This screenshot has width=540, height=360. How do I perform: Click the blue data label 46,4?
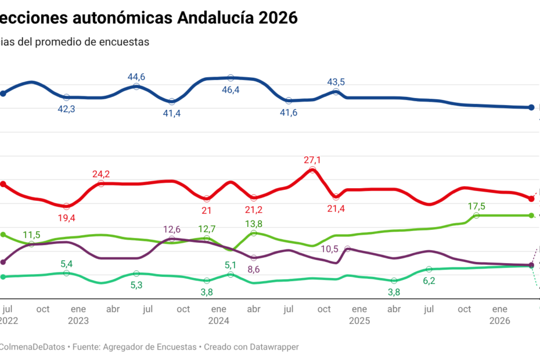pyautogui.click(x=231, y=90)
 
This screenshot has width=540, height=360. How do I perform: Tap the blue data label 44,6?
pyautogui.click(x=136, y=77)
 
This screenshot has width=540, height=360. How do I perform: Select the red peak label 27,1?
pyautogui.click(x=312, y=160)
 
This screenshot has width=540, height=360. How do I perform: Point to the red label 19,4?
pyautogui.click(x=67, y=218)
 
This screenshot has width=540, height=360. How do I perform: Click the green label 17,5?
pyautogui.click(x=477, y=206)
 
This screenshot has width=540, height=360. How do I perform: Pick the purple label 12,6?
pyautogui.click(x=172, y=229)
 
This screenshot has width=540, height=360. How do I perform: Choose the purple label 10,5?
pyautogui.click(x=330, y=249)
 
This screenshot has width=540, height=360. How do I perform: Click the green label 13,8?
pyautogui.click(x=254, y=224)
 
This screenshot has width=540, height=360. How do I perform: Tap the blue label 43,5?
pyautogui.click(x=336, y=82)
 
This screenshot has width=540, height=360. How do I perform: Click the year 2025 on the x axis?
pyautogui.click(x=359, y=320)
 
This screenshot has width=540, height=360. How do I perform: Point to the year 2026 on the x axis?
pyautogui.click(x=500, y=320)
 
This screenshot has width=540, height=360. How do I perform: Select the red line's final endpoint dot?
pyautogui.click(x=531, y=199)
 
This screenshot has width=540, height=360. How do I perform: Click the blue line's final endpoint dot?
pyautogui.click(x=531, y=107)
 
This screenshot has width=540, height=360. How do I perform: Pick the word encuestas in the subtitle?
pyautogui.click(x=123, y=42)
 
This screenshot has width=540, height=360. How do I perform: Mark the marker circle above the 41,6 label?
pyautogui.click(x=289, y=100)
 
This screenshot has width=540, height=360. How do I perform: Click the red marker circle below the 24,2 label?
pyautogui.click(x=101, y=183)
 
